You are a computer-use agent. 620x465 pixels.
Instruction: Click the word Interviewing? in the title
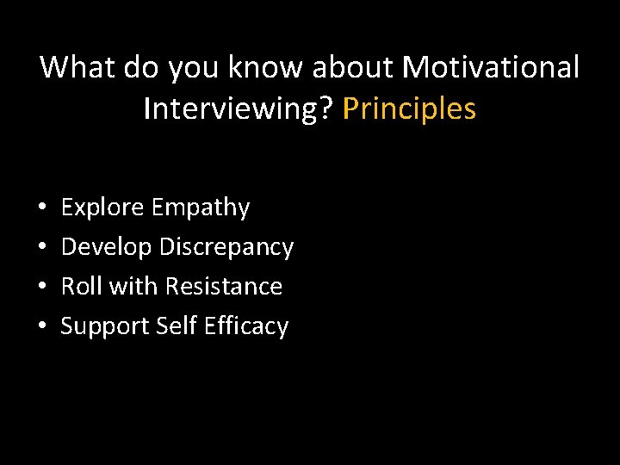click(239, 109)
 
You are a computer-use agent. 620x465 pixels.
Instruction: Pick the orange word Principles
click(409, 109)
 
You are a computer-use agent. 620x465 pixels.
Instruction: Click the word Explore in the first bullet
click(102, 208)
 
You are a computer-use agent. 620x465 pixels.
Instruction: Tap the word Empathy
click(200, 208)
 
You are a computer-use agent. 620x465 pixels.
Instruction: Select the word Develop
click(106, 247)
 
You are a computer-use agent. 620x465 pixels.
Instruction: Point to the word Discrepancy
click(226, 247)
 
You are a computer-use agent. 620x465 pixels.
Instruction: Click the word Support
click(105, 326)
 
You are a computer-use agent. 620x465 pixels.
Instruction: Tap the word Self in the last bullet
click(175, 326)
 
